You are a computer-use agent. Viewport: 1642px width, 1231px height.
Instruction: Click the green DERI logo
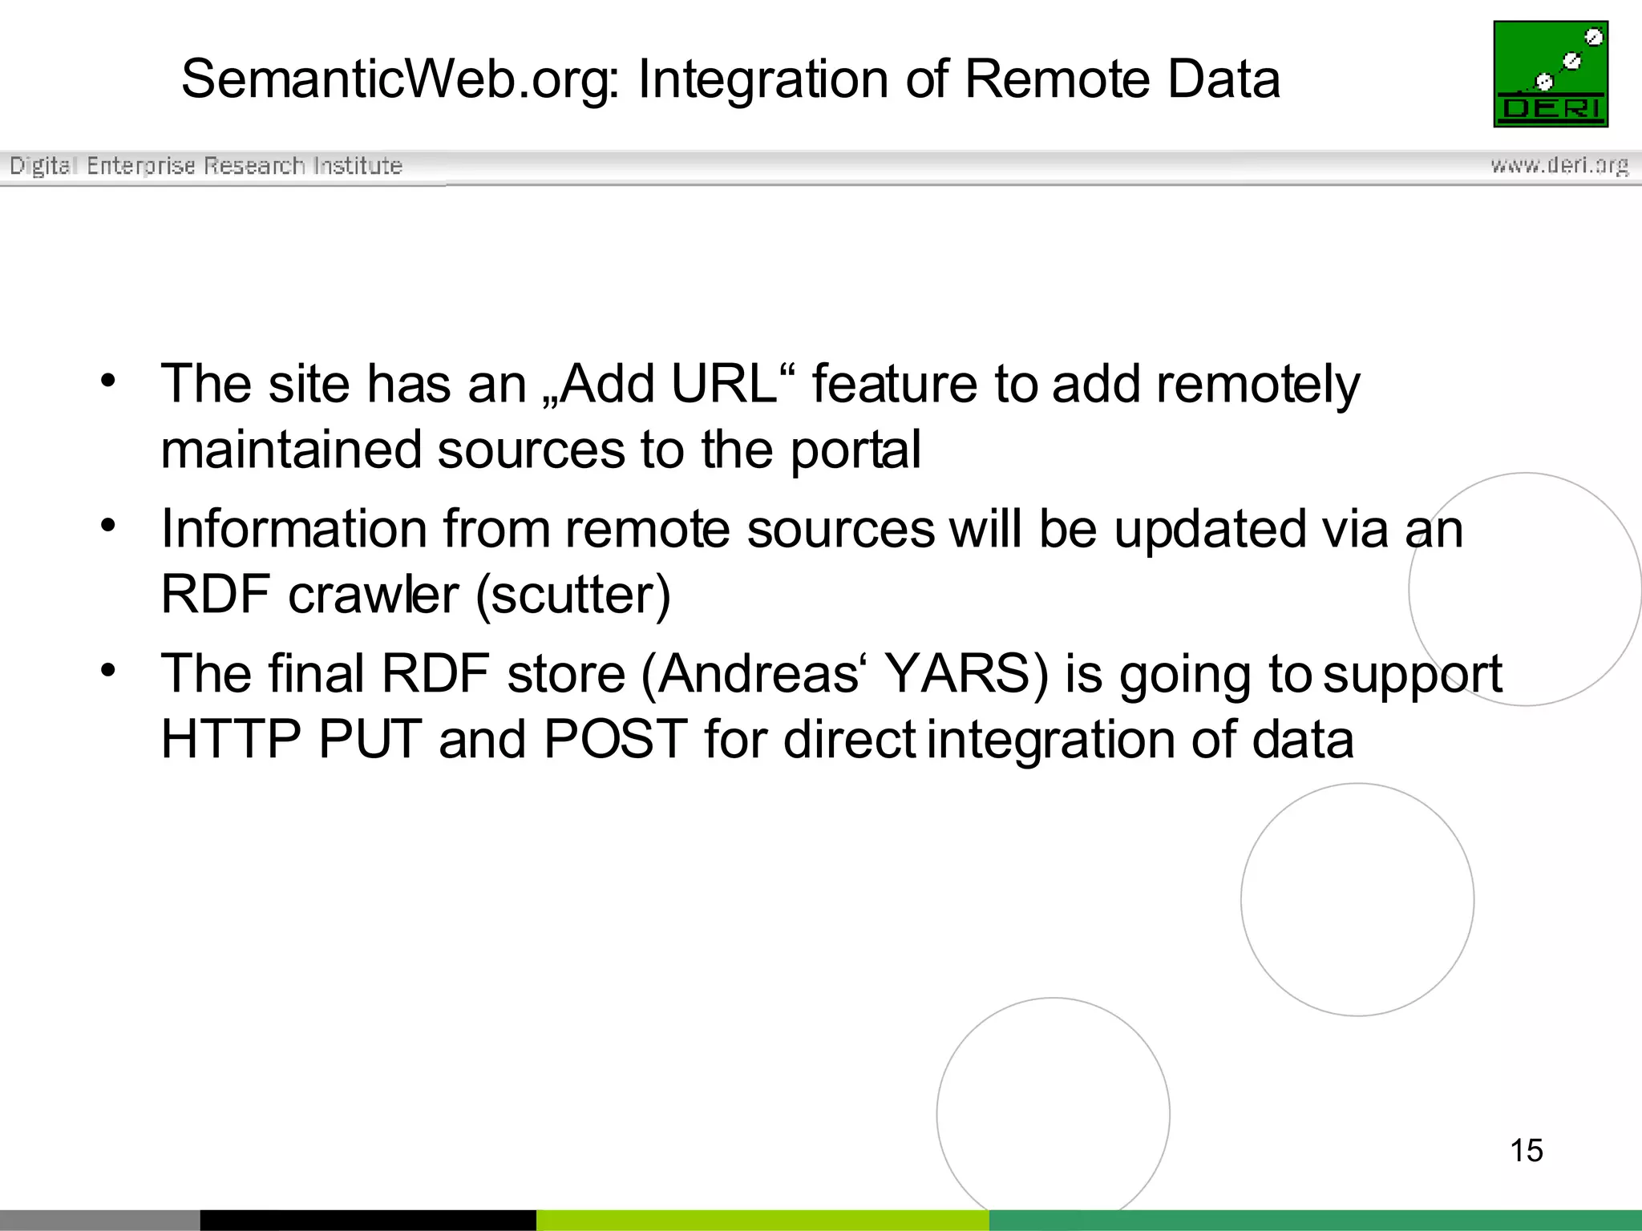1551,74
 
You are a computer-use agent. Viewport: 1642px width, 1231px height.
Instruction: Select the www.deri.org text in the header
1559,165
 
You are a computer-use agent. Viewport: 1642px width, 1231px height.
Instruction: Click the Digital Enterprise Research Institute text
206,165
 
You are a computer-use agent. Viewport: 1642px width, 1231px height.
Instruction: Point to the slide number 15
1526,1150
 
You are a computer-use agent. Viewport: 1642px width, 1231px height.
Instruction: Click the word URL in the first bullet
723,384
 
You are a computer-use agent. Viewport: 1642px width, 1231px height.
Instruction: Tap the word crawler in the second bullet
373,595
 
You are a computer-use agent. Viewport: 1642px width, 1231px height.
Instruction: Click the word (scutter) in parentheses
573,595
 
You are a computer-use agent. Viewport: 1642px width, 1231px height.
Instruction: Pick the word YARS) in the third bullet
966,673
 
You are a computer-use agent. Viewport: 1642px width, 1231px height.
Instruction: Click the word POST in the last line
615,739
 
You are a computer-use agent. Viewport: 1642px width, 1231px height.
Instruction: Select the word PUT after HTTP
370,739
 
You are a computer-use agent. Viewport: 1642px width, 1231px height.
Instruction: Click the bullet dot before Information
108,526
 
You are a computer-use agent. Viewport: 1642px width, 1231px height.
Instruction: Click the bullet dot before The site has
108,381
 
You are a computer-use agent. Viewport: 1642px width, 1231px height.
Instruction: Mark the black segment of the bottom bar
367,1220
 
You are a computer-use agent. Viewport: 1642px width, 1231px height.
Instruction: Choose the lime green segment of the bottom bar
762,1220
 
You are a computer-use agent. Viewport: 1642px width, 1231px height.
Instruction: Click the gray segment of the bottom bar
99,1220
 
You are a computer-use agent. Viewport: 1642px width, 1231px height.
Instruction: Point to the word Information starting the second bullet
293,529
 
